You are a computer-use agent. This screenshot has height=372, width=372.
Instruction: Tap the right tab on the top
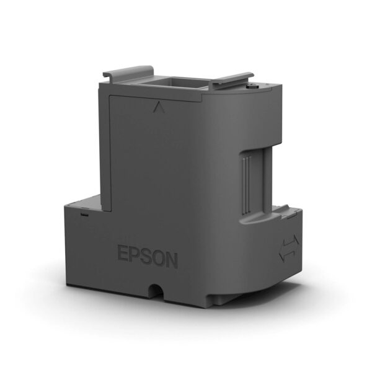pyautogui.click(x=234, y=79)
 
